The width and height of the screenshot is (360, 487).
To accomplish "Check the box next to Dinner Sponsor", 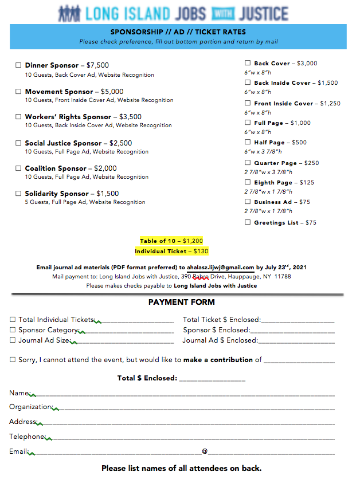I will coord(18,65).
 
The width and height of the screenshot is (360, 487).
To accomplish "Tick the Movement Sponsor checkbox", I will coord(18,92).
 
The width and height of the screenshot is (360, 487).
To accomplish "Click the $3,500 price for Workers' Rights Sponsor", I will coord(130,117).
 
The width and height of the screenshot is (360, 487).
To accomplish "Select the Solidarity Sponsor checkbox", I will coord(18,194).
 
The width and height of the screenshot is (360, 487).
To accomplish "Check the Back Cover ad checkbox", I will coord(248,63).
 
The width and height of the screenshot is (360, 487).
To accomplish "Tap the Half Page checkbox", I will coord(248,142).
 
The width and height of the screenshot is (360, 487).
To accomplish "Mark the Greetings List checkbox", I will coord(248,222).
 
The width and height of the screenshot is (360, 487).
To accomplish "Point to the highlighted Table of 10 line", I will coord(171,241).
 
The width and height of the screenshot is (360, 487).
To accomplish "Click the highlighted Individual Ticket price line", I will coord(171,252).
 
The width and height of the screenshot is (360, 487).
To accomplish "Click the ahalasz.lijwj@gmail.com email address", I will coord(220,267).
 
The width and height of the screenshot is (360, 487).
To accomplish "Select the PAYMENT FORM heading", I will coord(181,302).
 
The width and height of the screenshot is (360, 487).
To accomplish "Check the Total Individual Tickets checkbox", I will coord(13,320).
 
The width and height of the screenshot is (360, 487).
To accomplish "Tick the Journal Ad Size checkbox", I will coord(13,340).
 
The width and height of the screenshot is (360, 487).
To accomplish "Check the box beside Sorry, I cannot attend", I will coord(13,360).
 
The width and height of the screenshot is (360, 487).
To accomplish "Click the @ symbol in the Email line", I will coord(205,451).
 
